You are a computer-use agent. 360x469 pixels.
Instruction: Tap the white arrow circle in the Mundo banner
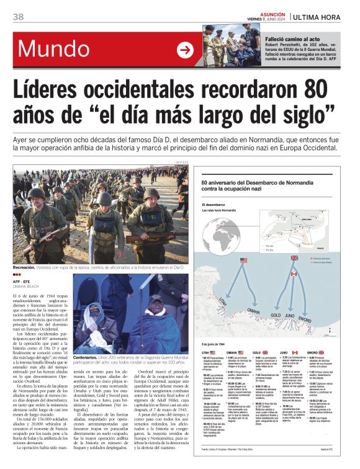coord(185,50)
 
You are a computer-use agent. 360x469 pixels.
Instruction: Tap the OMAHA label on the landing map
coord(254,310)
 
